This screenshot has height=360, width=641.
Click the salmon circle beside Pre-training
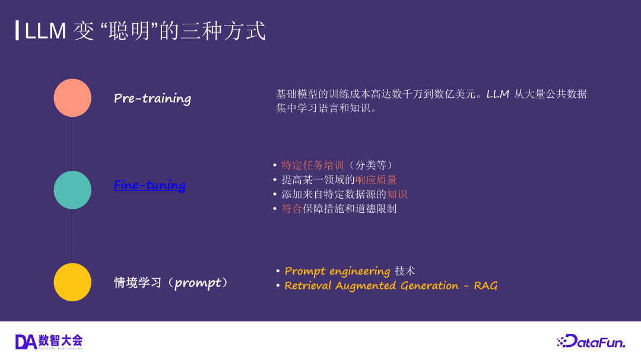pos(72,98)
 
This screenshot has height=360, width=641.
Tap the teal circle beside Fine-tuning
pos(72,190)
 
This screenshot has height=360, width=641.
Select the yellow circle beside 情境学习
pos(72,282)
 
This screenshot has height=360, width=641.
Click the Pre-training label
pos(153,98)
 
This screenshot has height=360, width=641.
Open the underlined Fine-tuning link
pos(150,185)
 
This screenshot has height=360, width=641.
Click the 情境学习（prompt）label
pos(171,283)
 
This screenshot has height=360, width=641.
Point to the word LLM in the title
pos(45,31)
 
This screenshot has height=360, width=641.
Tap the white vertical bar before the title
pos(17,30)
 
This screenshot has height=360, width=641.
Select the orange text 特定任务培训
pos(313,165)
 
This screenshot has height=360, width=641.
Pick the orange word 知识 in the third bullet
pos(397,194)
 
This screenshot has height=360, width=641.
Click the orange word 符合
pos(292,209)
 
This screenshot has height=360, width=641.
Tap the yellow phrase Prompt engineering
pos(337,271)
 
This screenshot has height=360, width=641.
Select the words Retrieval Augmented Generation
pos(372,286)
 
